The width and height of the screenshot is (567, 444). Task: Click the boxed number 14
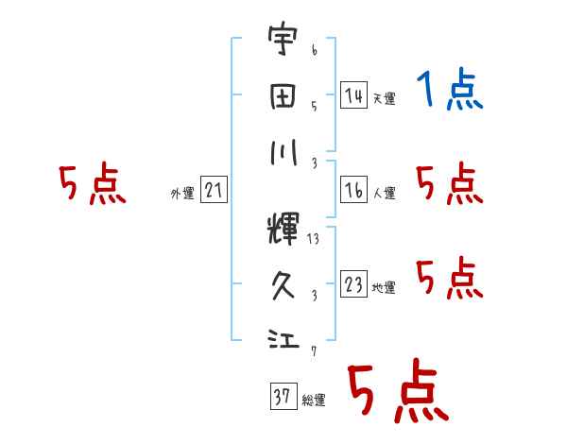[353, 95]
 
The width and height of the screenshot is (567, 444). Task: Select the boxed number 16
[353, 190]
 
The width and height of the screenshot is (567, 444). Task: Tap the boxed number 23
[353, 284]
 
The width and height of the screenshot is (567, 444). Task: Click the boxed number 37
[282, 397]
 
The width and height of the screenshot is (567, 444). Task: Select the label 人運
[384, 194]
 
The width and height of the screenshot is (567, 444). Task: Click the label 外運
[182, 194]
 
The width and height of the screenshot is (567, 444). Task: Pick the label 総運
[313, 401]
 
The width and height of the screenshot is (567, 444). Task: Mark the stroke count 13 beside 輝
[314, 239]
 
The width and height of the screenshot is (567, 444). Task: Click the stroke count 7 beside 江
[313, 352]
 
